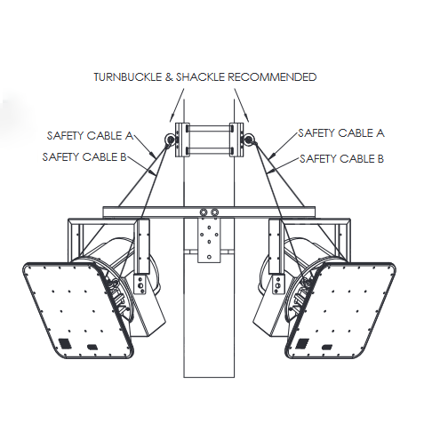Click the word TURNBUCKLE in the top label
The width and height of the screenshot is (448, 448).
click(x=128, y=77)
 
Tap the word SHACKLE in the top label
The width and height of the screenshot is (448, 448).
click(x=200, y=77)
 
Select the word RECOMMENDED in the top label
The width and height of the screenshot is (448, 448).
click(x=272, y=77)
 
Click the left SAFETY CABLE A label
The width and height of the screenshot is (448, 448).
click(x=90, y=136)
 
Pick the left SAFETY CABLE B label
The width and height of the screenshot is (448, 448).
click(x=84, y=156)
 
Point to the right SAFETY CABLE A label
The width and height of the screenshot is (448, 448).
click(x=341, y=133)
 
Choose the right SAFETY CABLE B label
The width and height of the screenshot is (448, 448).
click(x=341, y=159)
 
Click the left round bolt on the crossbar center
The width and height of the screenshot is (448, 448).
click(x=204, y=212)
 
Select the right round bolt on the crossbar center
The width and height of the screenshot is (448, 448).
click(x=214, y=212)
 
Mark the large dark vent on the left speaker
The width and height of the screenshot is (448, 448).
click(x=65, y=344)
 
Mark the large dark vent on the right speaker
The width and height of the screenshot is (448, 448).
click(x=303, y=343)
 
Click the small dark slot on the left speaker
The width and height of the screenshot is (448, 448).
click(x=92, y=347)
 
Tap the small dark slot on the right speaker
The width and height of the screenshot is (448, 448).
click(x=327, y=347)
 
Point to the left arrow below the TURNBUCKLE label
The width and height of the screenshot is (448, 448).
click(x=177, y=105)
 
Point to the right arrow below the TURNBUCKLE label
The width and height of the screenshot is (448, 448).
click(x=242, y=105)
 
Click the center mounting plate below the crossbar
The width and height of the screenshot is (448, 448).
click(x=209, y=240)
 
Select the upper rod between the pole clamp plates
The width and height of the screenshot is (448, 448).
click(x=210, y=128)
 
